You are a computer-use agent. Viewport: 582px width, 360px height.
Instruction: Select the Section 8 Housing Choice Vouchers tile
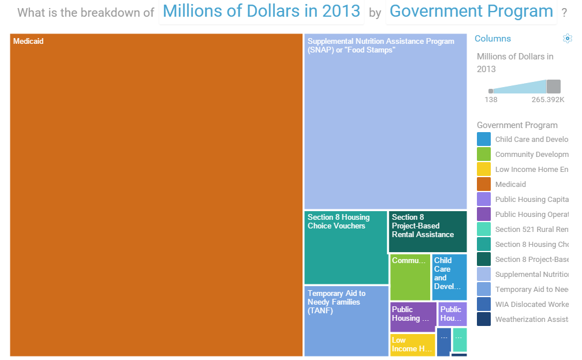346,248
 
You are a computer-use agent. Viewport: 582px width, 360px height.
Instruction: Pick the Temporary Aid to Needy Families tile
346,321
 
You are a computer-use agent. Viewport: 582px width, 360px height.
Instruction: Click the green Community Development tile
410,277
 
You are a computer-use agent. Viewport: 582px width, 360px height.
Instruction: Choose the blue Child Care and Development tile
449,277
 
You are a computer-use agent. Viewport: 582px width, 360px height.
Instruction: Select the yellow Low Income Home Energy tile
412,344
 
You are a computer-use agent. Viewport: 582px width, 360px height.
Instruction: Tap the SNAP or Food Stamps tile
385,121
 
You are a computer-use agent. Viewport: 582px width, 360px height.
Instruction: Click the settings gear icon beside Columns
567,39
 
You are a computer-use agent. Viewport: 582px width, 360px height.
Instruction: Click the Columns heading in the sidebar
493,39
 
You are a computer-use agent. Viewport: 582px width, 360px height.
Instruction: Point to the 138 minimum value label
491,100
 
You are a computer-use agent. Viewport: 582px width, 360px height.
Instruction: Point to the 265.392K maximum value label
548,100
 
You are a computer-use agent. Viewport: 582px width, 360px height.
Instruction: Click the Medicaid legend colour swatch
484,185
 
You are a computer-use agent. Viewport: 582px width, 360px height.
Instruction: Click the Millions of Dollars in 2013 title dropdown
261,12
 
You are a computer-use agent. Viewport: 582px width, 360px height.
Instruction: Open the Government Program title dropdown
471,12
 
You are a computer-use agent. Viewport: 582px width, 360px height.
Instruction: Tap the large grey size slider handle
553,87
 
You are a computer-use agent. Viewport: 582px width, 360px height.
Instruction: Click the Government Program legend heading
517,125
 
